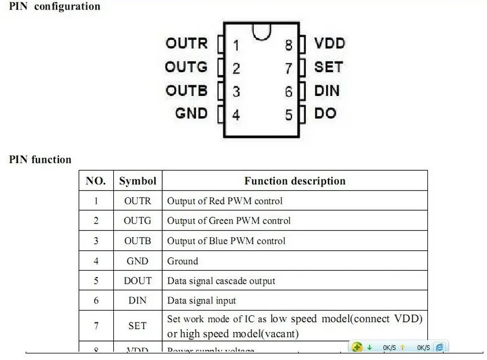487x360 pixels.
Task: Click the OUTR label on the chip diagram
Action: pos(187,44)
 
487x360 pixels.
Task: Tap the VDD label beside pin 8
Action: pos(330,44)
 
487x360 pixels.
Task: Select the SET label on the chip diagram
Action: pos(328,67)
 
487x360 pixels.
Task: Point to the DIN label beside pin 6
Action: pos(327,91)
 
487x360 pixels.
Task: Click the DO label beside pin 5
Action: pos(325,113)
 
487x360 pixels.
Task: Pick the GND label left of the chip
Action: pos(191,113)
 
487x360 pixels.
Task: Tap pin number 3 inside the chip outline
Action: pos(237,92)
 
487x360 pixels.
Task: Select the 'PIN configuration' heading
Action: pos(54,7)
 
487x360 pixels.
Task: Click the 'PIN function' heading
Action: pos(40,159)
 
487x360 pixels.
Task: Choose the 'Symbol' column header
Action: pos(138,181)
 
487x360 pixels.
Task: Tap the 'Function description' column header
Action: pos(294,181)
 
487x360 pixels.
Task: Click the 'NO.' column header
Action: pos(96,181)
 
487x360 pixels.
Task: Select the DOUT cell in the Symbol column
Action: pos(138,281)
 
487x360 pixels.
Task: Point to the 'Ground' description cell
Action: pos(182,261)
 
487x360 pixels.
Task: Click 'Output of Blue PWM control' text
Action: pos(226,241)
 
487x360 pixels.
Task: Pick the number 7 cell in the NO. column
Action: pos(96,325)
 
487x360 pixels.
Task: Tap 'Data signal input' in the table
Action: pos(201,300)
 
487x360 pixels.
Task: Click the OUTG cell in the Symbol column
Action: pos(138,221)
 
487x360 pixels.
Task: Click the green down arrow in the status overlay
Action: pos(370,347)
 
